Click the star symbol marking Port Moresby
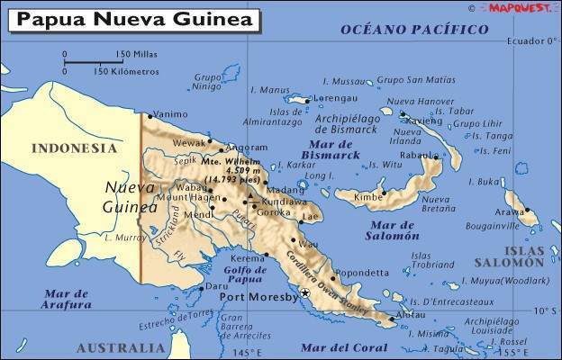click(305, 293)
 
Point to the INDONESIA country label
click(74, 148)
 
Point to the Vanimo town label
click(171, 114)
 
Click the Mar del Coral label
click(340, 347)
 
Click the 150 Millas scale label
click(135, 54)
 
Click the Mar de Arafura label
click(67, 299)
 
